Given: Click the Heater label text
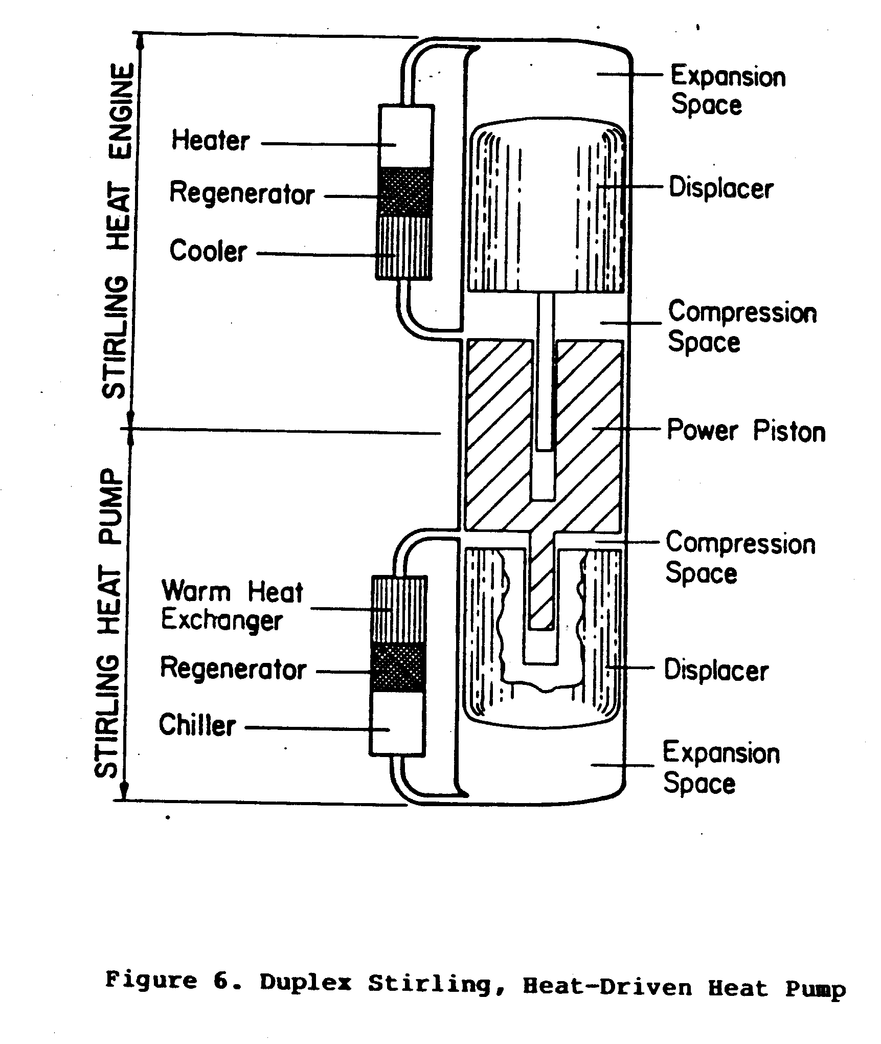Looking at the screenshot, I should tap(210, 141).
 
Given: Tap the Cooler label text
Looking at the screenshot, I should tap(208, 251).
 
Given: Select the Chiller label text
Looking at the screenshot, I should tap(197, 725).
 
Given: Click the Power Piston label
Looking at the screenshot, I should tap(746, 431).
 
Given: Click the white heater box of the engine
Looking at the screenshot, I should tap(405, 136).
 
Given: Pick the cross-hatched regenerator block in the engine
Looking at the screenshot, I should tap(404, 192).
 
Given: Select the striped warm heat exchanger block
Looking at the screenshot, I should tap(399, 609).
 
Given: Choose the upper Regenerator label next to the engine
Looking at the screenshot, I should tap(241, 194).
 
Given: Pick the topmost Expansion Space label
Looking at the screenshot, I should tap(728, 91).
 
